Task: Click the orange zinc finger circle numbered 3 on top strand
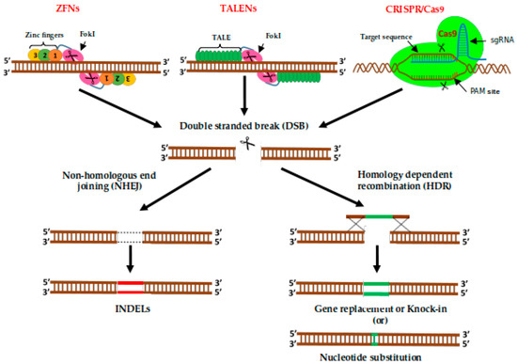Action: [36, 55]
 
